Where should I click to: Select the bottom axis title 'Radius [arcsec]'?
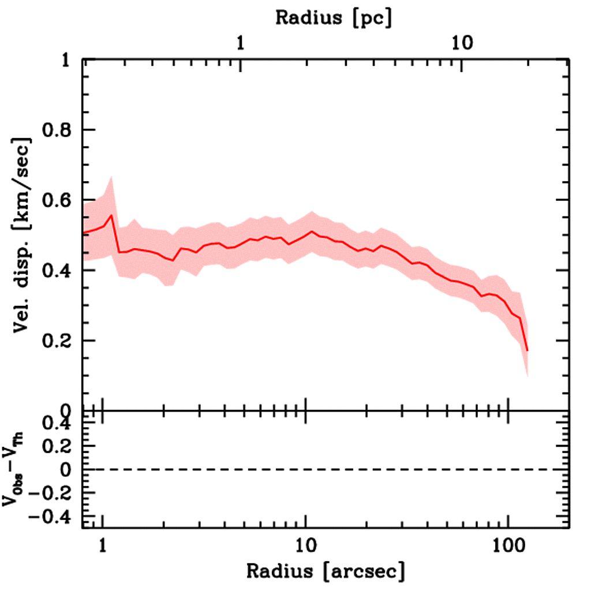click(326, 571)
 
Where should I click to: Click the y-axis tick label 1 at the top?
click(66, 61)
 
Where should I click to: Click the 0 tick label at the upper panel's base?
click(66, 411)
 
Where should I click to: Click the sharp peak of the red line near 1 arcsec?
click(111, 215)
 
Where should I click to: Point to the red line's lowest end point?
click(527, 350)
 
